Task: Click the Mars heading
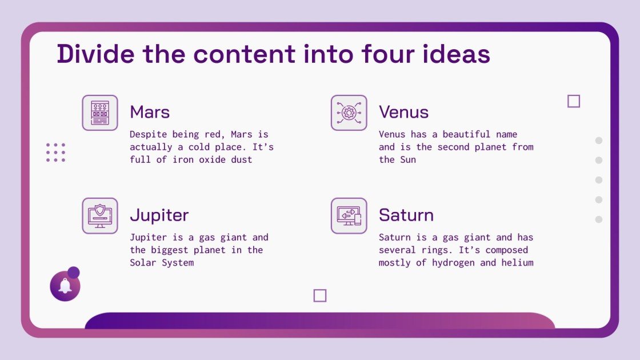tap(150, 112)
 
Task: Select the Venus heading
tap(403, 112)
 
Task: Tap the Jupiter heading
tap(159, 215)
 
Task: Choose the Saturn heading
tap(406, 215)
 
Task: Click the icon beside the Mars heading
tap(100, 113)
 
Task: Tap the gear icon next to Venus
tap(349, 113)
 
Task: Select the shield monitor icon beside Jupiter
tap(100, 215)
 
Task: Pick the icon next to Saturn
tap(349, 215)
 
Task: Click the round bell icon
tap(65, 286)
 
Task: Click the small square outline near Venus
tap(574, 101)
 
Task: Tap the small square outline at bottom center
tap(320, 295)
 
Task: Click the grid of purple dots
tap(56, 153)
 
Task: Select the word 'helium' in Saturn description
tap(517, 263)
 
